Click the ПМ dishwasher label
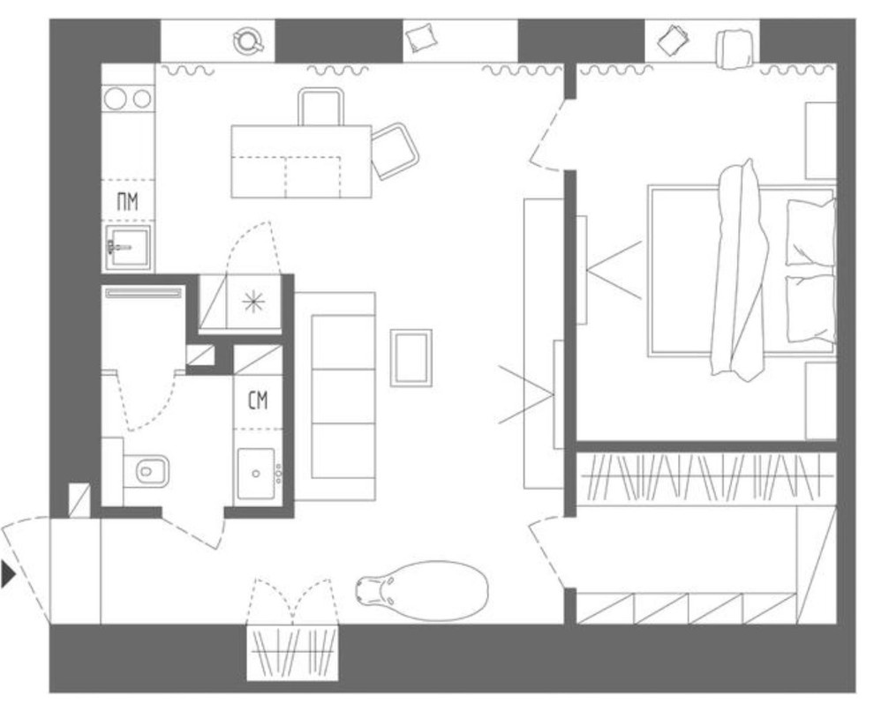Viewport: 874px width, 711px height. pyautogui.click(x=128, y=201)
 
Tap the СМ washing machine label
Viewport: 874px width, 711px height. pyautogui.click(x=258, y=400)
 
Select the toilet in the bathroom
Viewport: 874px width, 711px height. pyautogui.click(x=145, y=471)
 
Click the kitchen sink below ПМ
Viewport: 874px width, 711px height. pyautogui.click(x=128, y=247)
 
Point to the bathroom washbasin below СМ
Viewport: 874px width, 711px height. pyautogui.click(x=256, y=473)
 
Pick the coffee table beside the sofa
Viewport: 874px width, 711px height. pyautogui.click(x=411, y=357)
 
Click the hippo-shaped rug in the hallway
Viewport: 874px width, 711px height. pyautogui.click(x=422, y=590)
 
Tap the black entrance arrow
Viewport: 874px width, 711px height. pyautogui.click(x=8, y=574)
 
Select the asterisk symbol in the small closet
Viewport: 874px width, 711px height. pyautogui.click(x=253, y=302)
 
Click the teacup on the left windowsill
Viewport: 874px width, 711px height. pyautogui.click(x=248, y=41)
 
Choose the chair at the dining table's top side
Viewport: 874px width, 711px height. pyautogui.click(x=320, y=107)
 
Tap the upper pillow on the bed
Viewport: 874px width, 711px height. pyautogui.click(x=810, y=232)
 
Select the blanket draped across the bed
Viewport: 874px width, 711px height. pyautogui.click(x=740, y=270)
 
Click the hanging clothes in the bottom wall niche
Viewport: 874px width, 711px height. pyautogui.click(x=292, y=652)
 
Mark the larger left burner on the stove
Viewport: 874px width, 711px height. pyautogui.click(x=116, y=99)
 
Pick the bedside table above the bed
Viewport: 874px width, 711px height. pyautogui.click(x=820, y=140)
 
